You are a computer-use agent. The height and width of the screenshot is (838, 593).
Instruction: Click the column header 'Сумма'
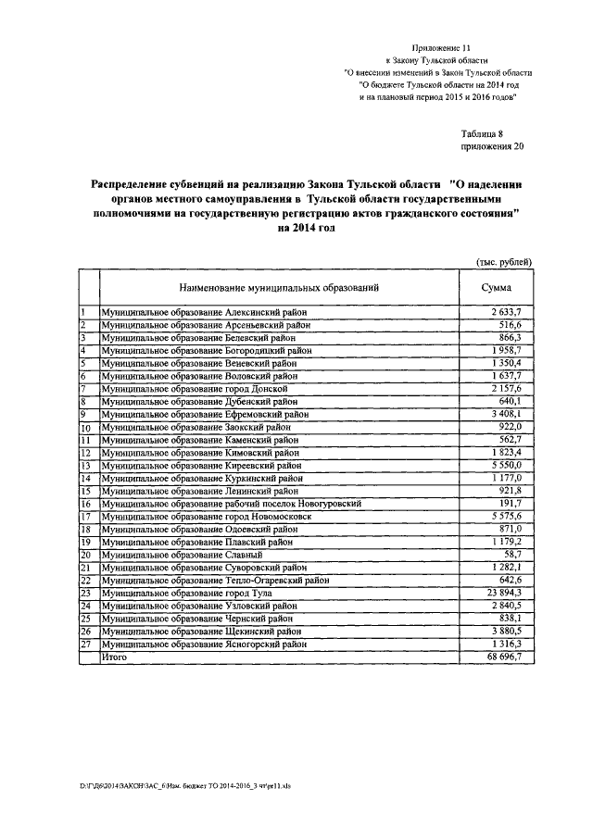497,289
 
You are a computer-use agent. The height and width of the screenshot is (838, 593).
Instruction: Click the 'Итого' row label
115,657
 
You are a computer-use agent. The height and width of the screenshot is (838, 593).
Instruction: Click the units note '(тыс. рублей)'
504,263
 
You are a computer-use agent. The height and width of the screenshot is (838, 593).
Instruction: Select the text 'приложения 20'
492,147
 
